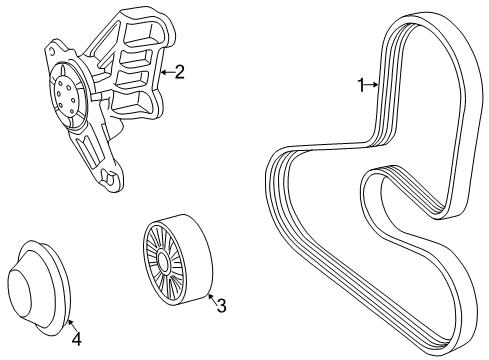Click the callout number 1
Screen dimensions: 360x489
pyautogui.click(x=361, y=86)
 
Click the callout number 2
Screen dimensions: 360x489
pyautogui.click(x=180, y=71)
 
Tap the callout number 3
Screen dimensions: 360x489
pyautogui.click(x=222, y=305)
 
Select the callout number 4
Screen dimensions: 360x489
pyautogui.click(x=76, y=338)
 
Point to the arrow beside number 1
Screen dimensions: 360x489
pyautogui.click(x=373, y=86)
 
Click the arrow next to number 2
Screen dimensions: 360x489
pyautogui.click(x=166, y=71)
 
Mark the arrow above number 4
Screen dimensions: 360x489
pyautogui.click(x=71, y=322)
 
